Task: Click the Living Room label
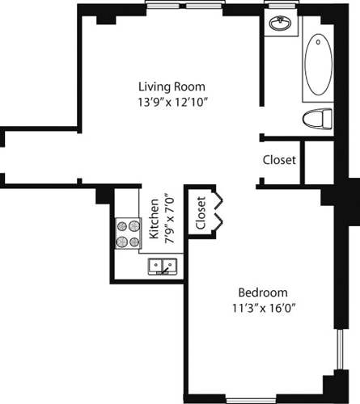tap(172, 86)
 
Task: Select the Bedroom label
tap(262, 292)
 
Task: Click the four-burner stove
tap(128, 234)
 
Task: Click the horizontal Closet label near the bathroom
tap(279, 160)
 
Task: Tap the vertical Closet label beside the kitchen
tap(201, 213)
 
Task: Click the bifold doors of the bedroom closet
tap(217, 212)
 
